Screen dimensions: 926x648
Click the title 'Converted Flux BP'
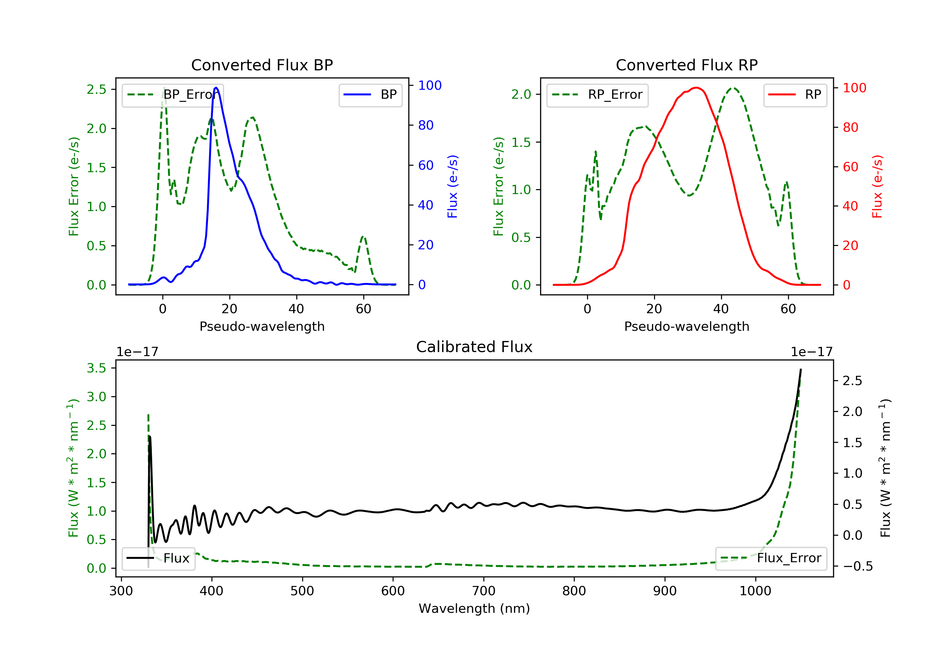[x=262, y=65]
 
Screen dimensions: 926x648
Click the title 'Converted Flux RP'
[x=686, y=65]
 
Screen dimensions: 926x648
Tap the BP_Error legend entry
[x=173, y=95]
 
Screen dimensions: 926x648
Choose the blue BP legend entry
[x=370, y=95]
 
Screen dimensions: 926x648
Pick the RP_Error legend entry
[x=597, y=95]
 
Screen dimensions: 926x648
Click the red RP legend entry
[x=795, y=95]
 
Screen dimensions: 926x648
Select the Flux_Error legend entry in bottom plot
[x=771, y=558]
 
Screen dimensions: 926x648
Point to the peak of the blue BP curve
[x=216, y=88]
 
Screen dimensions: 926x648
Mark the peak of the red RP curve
[x=697, y=88]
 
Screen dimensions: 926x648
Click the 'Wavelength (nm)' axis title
[x=474, y=609]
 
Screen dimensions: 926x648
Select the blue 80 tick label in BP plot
[x=426, y=125]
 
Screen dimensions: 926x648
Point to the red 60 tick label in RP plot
[x=851, y=167]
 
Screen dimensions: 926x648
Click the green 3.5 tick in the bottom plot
[x=96, y=368]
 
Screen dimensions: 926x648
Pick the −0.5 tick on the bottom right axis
[x=857, y=566]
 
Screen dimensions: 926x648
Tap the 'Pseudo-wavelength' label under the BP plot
[x=262, y=326]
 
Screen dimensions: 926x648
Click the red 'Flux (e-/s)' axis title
[x=878, y=186]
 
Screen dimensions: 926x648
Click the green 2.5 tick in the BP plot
[x=96, y=89]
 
